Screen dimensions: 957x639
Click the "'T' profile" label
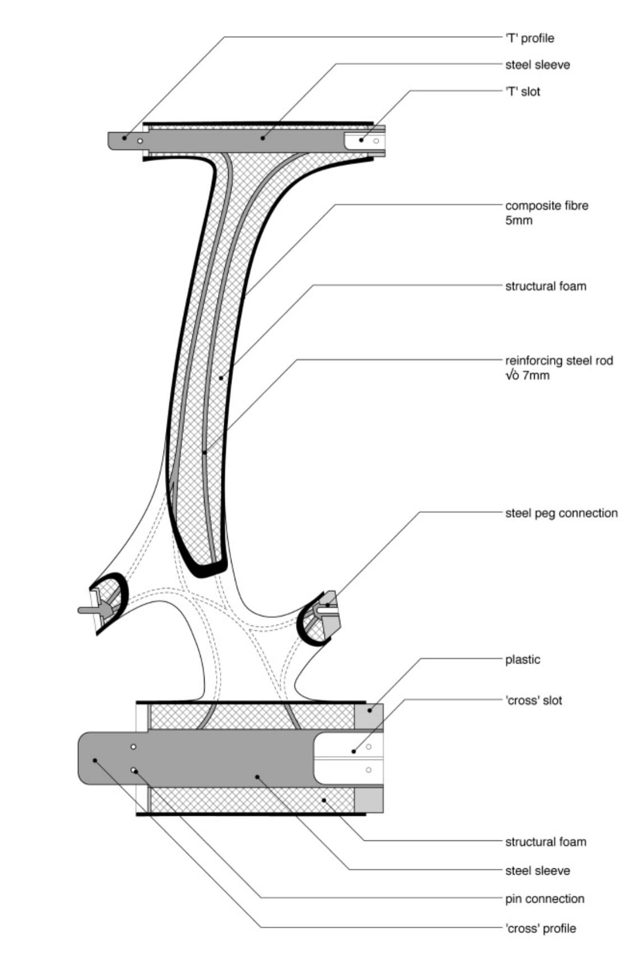tap(529, 38)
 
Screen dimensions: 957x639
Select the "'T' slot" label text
tap(522, 91)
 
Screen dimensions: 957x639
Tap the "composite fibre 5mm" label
tap(547, 213)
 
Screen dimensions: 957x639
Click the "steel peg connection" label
tap(561, 513)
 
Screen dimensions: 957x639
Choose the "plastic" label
tap(522, 659)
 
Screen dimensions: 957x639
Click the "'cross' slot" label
tap(533, 700)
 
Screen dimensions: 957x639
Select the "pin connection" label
tap(544, 899)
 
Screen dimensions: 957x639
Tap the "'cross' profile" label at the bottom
tap(540, 928)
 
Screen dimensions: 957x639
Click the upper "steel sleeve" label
tap(537, 65)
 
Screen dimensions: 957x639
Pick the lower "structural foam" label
tap(545, 841)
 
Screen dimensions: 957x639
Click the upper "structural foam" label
tap(545, 286)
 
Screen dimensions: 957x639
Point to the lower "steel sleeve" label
tap(537, 871)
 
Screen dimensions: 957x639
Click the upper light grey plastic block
tap(369, 716)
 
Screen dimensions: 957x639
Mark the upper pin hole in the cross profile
tap(133, 747)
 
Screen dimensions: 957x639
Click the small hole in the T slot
tap(376, 140)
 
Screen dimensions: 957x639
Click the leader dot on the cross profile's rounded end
tap(95, 760)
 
